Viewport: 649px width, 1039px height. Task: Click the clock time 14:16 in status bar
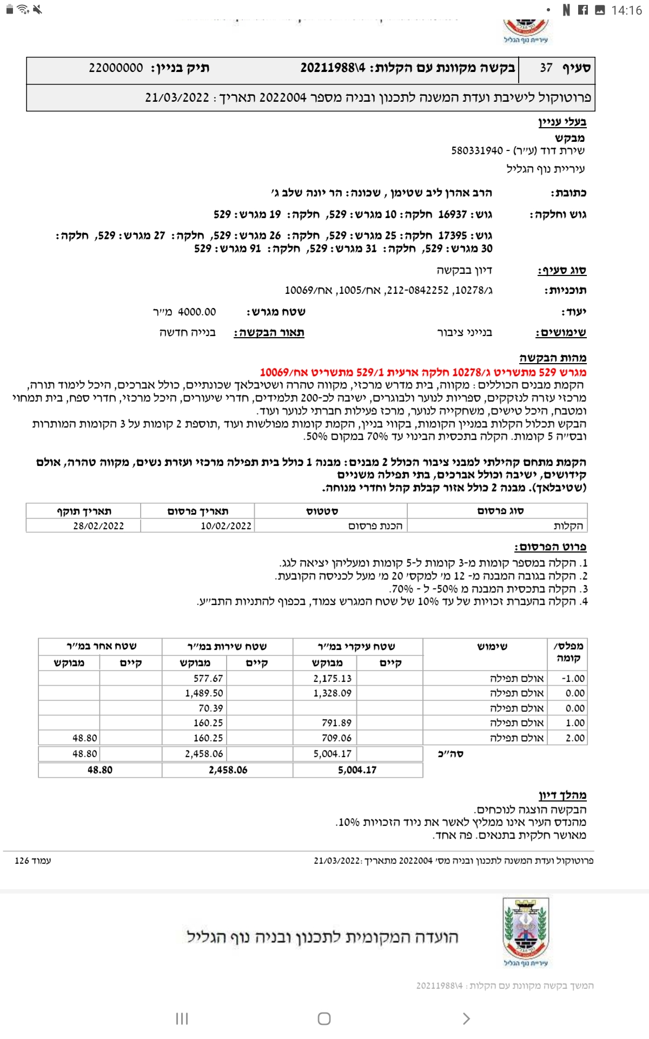pyautogui.click(x=626, y=10)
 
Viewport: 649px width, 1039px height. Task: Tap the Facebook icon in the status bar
pyautogui.click(x=583, y=10)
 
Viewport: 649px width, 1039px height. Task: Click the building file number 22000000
pyautogui.click(x=116, y=68)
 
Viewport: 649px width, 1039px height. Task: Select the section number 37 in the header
pyautogui.click(x=546, y=68)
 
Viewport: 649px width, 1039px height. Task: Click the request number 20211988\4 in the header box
pyautogui.click(x=333, y=68)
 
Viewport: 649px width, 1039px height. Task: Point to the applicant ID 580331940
pyautogui.click(x=477, y=150)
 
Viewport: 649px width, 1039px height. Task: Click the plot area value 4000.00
pyautogui.click(x=197, y=312)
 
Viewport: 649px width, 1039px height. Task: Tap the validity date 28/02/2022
pyautogui.click(x=98, y=526)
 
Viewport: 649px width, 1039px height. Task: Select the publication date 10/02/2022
pyautogui.click(x=226, y=526)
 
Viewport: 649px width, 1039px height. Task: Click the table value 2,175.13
pyautogui.click(x=332, y=679)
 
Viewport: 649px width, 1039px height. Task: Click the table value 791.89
pyautogui.click(x=336, y=723)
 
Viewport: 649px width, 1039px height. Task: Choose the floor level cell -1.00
pyautogui.click(x=573, y=679)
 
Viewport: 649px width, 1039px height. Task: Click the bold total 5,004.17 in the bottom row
pyautogui.click(x=357, y=770)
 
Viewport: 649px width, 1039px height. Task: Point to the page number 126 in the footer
pyautogui.click(x=22, y=860)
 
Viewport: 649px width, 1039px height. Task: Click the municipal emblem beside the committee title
pyautogui.click(x=526, y=931)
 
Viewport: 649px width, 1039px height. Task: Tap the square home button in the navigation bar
pyautogui.click(x=324, y=1018)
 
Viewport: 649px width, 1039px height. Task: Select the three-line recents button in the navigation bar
pyautogui.click(x=182, y=1018)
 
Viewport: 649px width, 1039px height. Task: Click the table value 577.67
pyautogui.click(x=208, y=679)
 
